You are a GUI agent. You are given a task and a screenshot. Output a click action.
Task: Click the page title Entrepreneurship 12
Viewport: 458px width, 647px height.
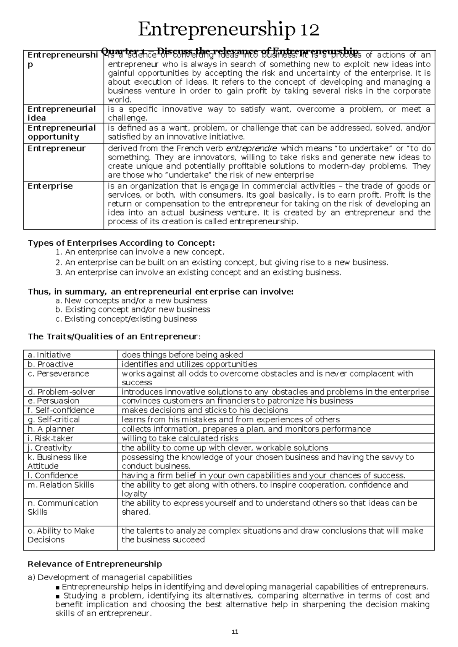[x=229, y=29]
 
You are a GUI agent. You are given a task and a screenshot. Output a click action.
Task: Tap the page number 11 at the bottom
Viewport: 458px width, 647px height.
[x=235, y=632]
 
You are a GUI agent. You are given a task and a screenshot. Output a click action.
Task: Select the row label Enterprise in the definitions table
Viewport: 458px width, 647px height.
[x=50, y=186]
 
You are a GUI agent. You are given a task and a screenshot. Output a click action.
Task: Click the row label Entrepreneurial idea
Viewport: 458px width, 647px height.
[x=61, y=114]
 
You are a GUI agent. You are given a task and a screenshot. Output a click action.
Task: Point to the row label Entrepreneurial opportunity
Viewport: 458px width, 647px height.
[x=61, y=132]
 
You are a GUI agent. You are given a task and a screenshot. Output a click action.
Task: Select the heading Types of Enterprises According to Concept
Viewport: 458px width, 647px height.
[x=121, y=243]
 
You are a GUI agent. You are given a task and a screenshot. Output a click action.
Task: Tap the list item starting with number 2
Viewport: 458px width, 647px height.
[x=221, y=262]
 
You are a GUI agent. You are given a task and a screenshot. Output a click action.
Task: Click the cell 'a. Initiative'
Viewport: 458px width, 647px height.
[x=49, y=355]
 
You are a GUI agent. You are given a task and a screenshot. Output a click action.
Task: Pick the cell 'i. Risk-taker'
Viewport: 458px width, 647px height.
[x=50, y=438]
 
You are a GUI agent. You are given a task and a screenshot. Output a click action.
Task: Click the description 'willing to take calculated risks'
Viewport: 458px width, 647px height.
[x=180, y=438]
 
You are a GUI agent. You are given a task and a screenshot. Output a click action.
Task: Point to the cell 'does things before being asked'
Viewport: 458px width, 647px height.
[x=182, y=355]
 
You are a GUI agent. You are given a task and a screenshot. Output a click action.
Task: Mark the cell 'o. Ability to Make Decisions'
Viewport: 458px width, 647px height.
[x=61, y=535]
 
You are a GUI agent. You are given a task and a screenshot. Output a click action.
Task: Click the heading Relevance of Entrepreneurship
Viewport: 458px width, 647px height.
[x=95, y=564]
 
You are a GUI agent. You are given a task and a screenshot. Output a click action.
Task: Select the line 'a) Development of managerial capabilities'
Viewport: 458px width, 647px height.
[x=110, y=577]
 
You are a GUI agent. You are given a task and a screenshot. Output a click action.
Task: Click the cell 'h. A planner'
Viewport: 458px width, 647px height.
[x=51, y=429]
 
